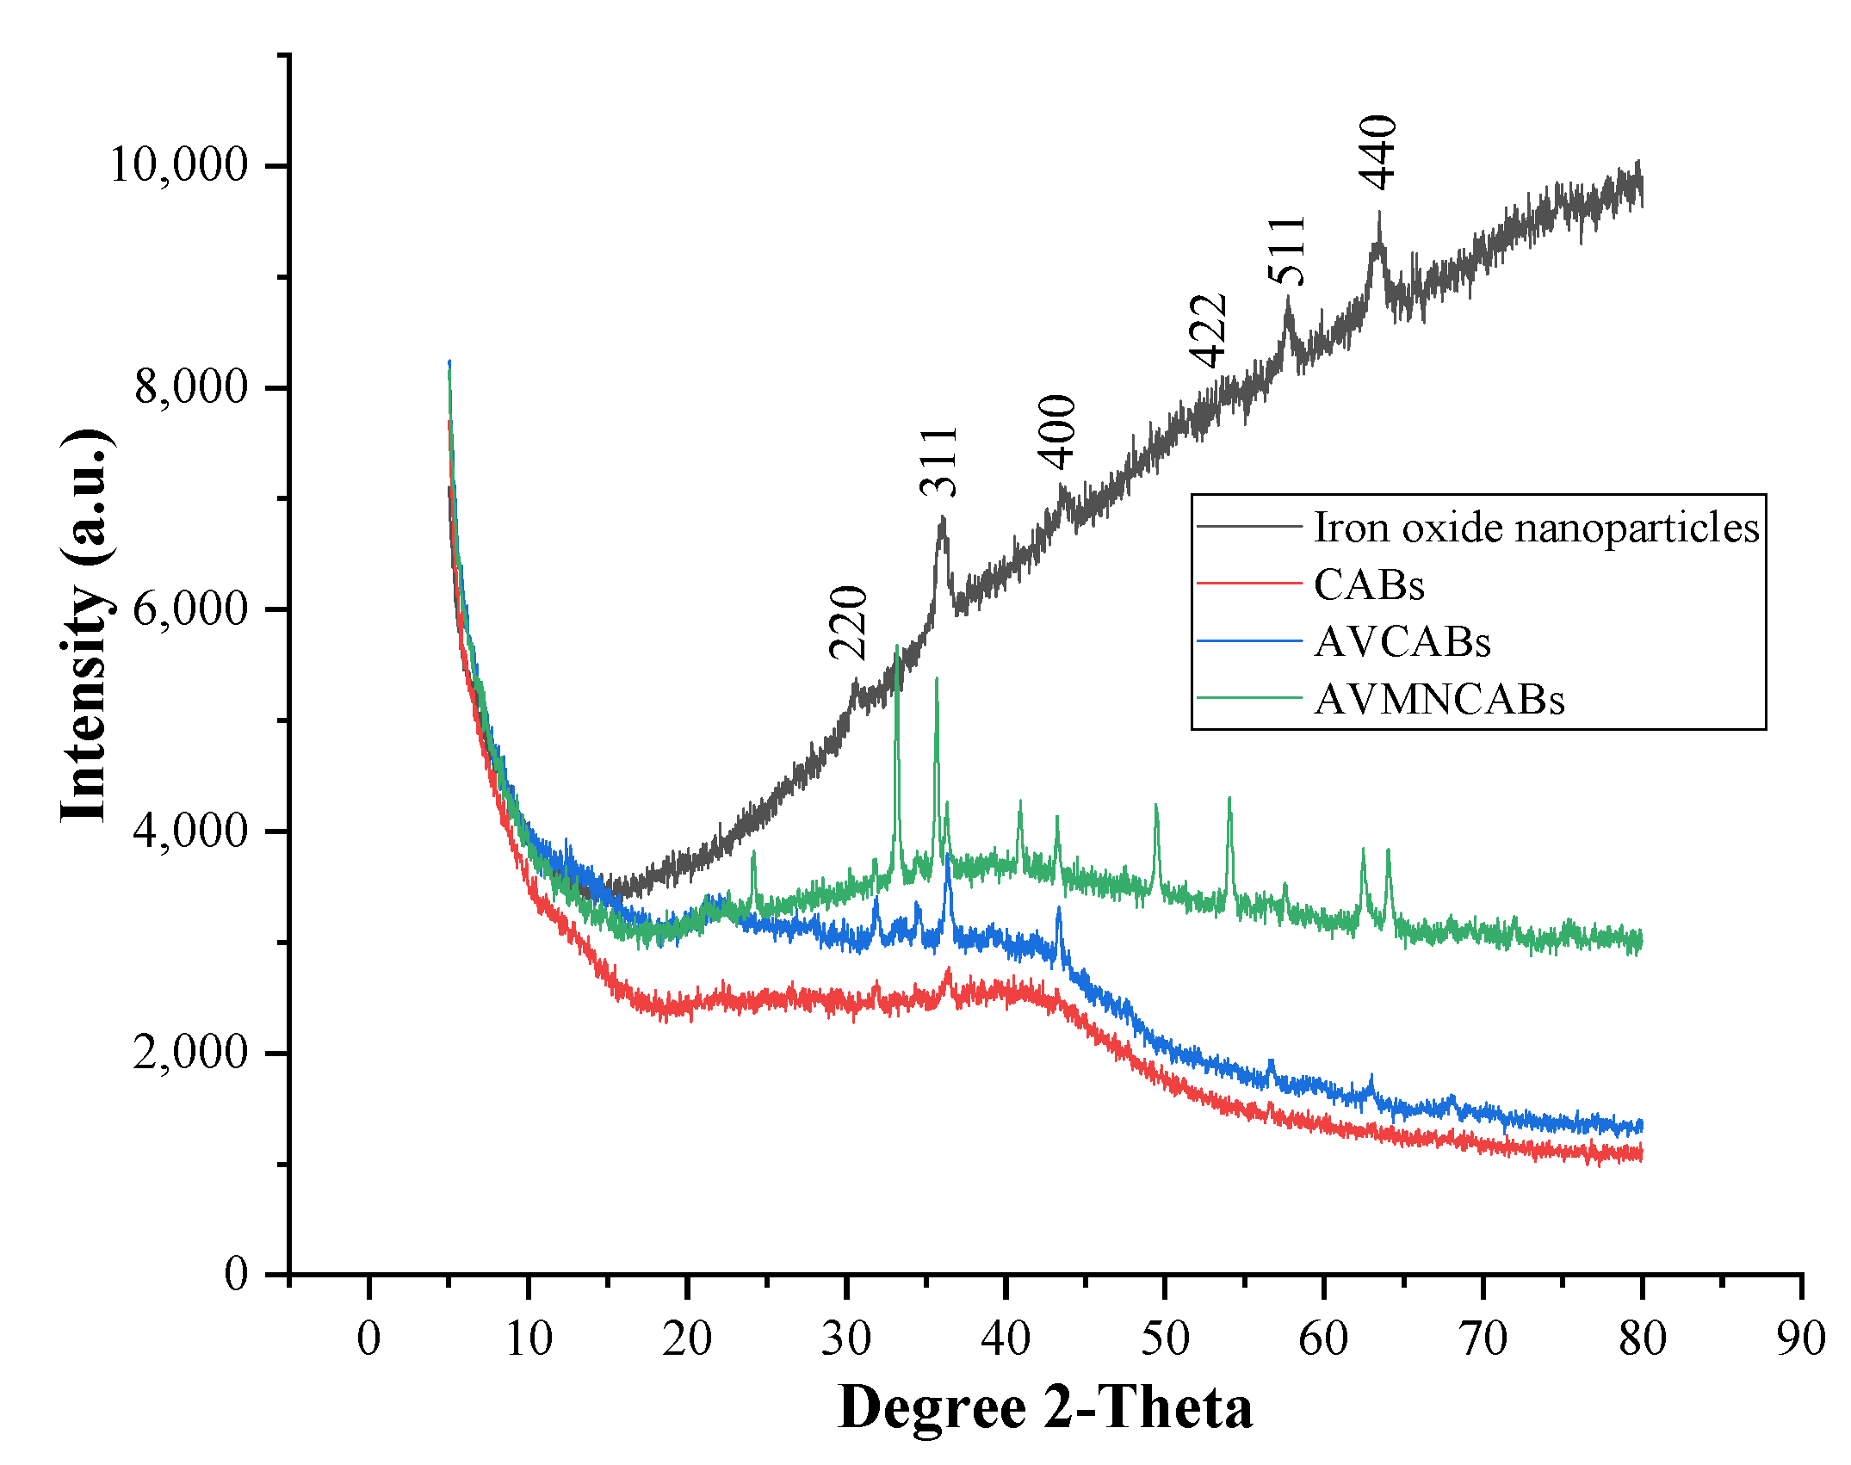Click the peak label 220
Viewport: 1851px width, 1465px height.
849,621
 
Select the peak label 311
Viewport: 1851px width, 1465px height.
939,461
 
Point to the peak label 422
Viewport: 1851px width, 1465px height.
1208,331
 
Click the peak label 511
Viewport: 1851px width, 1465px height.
1288,250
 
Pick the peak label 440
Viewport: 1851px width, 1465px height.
1378,151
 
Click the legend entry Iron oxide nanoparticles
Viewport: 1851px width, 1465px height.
1536,527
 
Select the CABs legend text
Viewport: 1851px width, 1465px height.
1369,584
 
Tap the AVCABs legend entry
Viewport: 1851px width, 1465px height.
1402,641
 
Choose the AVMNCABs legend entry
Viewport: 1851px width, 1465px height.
1439,699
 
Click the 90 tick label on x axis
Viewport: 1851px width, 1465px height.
1800,1338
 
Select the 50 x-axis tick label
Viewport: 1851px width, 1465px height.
1164,1338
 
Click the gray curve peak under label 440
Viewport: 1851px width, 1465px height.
1379,213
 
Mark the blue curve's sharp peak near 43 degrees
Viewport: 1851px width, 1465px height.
1059,908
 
